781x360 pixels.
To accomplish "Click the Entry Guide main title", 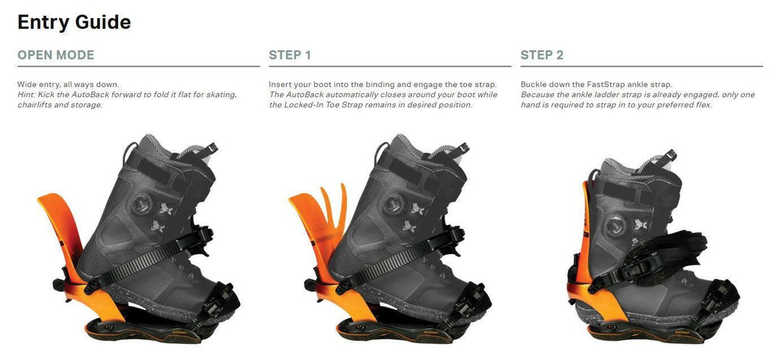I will pyautogui.click(x=74, y=22).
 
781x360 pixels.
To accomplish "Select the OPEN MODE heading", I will pyautogui.click(x=56, y=55).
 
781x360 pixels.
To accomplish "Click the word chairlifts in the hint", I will pyautogui.click(x=36, y=104).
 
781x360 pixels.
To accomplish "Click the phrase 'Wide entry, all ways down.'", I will pyautogui.click(x=68, y=84).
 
